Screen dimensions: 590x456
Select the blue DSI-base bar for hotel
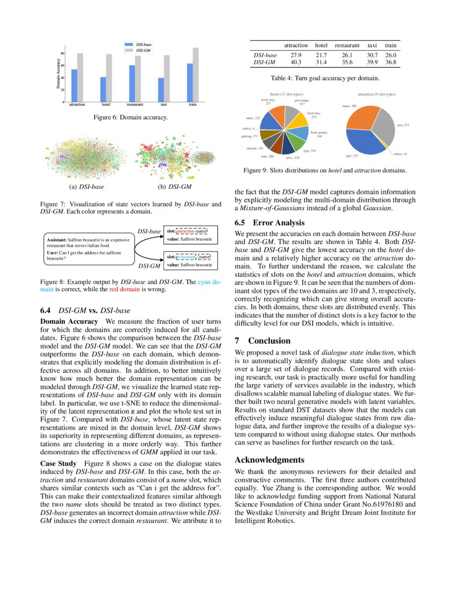(x=103, y=90)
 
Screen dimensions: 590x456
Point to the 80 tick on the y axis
(x=63, y=54)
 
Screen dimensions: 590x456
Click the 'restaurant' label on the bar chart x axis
(x=135, y=105)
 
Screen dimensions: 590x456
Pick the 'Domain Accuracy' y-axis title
(x=58, y=75)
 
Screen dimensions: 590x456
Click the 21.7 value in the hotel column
(x=321, y=55)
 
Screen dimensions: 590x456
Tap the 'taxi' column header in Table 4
(x=372, y=46)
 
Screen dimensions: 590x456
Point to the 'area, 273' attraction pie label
(x=403, y=125)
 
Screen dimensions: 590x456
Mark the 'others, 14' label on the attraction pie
(x=400, y=154)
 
